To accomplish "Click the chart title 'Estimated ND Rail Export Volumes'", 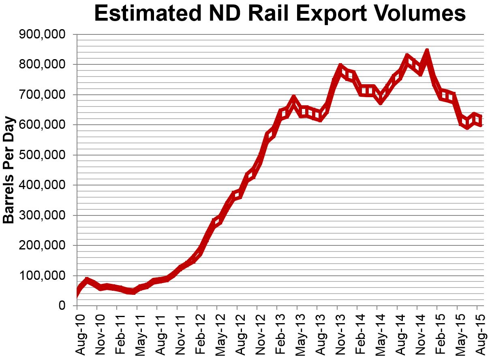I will [280, 14].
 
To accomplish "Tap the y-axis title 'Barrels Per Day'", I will [9, 170].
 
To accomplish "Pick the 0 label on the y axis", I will [62, 306].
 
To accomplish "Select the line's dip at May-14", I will [380, 99].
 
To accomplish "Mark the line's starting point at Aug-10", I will [77, 292].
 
